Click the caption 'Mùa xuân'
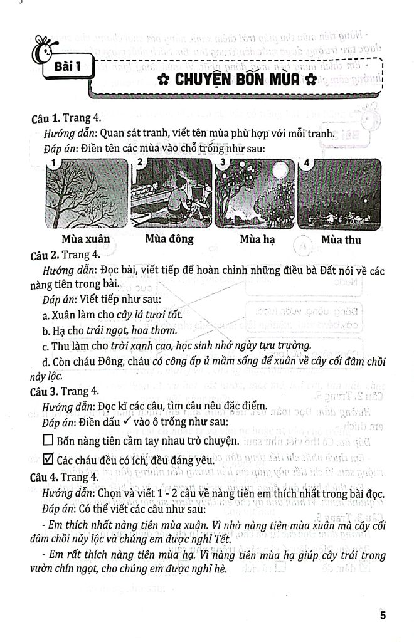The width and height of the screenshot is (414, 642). (86, 239)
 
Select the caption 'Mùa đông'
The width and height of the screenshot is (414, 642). (169, 239)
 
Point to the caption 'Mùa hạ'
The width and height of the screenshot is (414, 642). (256, 239)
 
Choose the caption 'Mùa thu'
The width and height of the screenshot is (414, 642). (340, 239)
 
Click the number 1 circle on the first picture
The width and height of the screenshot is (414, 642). (55, 164)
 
